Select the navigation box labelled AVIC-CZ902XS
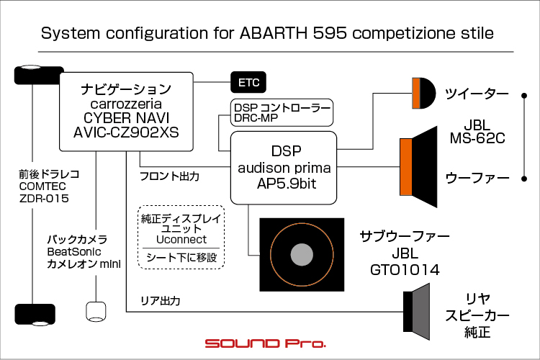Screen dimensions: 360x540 [x=126, y=111]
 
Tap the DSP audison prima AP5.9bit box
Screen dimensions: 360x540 [x=284, y=167]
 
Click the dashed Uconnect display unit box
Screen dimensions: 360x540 [x=181, y=237]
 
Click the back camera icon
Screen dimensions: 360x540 [x=96, y=312]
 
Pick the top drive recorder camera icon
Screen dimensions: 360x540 [x=32, y=75]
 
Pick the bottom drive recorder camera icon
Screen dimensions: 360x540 [x=32, y=314]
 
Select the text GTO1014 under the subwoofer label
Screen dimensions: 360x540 [x=405, y=269]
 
